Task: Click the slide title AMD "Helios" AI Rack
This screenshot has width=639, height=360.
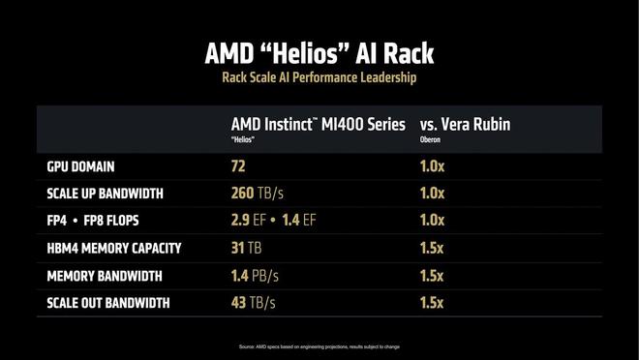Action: point(319,50)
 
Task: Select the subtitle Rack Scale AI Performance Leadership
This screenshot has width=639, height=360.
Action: point(319,76)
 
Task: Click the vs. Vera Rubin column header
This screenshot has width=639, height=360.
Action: point(464,125)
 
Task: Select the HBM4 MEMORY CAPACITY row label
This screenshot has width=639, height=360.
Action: point(114,249)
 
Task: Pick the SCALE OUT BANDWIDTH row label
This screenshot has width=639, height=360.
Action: point(108,303)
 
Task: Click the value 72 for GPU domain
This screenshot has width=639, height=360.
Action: point(238,166)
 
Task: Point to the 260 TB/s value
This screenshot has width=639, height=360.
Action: point(258,194)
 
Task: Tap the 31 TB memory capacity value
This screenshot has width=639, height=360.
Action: point(247,249)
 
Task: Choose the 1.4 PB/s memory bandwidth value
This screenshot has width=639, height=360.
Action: point(256,276)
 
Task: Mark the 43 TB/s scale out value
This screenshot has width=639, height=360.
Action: point(255,303)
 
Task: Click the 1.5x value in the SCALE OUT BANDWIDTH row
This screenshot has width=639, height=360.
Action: point(433,303)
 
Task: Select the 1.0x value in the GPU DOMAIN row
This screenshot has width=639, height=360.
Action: point(433,166)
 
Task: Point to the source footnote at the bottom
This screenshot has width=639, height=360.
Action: point(319,346)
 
